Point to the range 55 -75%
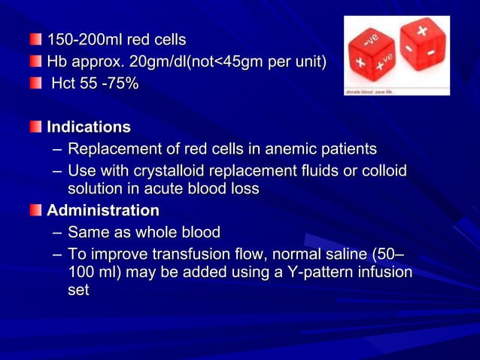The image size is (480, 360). (x=110, y=84)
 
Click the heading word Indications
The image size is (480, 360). (x=89, y=127)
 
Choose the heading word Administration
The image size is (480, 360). (x=103, y=210)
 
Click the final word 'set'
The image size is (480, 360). (x=78, y=289)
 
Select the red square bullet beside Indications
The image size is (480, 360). (x=37, y=127)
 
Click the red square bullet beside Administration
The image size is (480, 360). (x=37, y=211)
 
